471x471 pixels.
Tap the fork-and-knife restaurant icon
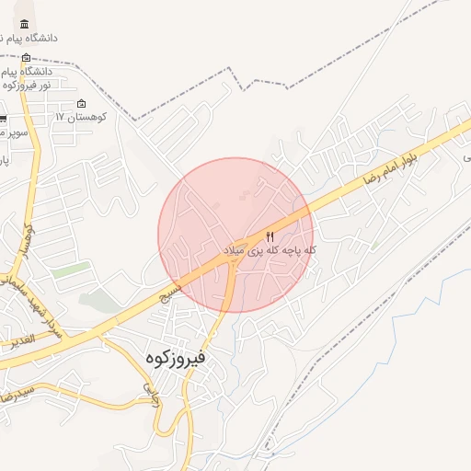270,235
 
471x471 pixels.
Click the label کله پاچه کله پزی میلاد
270,250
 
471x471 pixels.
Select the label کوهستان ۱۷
82,118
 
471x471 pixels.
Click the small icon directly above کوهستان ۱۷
82,104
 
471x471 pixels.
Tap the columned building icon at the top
23,24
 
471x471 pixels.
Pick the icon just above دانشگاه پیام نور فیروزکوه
26,57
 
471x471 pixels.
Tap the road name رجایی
147,396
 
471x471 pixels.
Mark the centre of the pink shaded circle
235,235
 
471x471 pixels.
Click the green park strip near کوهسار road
72,270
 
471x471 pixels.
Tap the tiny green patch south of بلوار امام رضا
375,245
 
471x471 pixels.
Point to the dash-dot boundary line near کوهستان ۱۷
138,119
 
